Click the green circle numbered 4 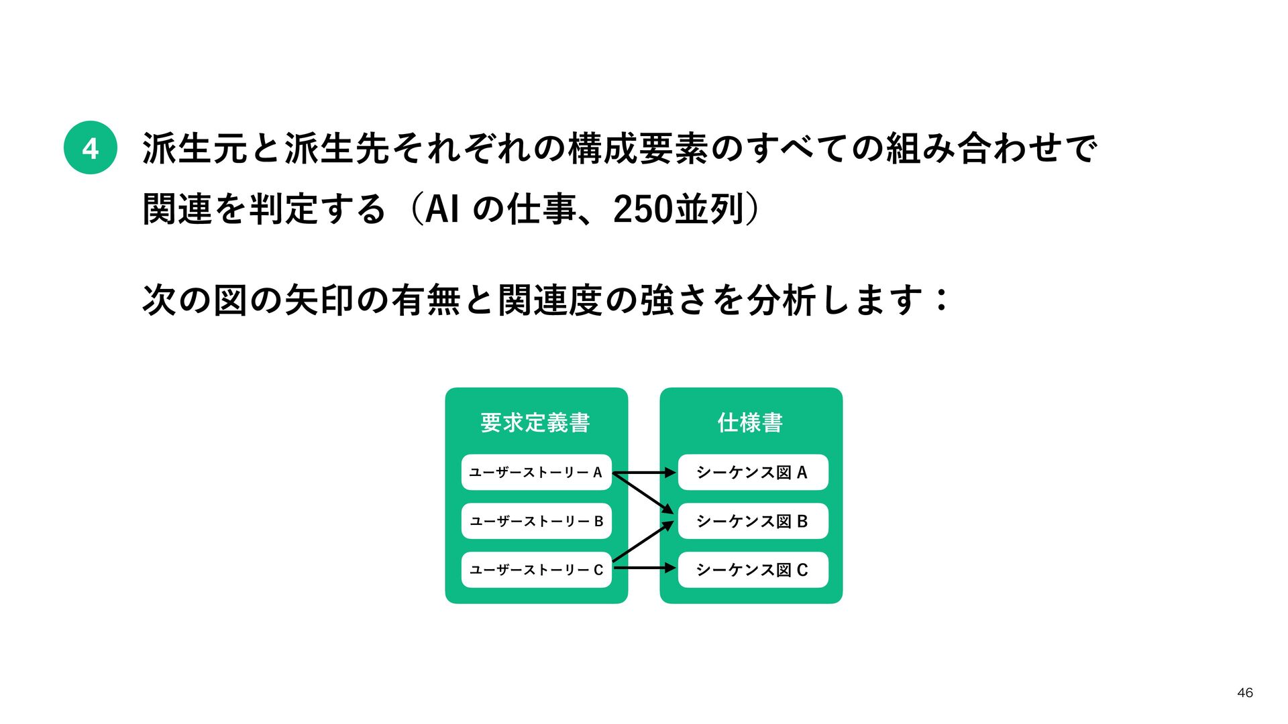(x=91, y=147)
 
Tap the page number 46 (x=1244, y=692)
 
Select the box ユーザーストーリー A (x=536, y=473)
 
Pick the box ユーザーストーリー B (x=536, y=521)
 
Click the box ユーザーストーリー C (x=536, y=570)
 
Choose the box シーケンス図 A (x=753, y=473)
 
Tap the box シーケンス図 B (x=753, y=521)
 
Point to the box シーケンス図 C (x=753, y=570)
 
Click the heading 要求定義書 (x=535, y=422)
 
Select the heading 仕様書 (x=750, y=422)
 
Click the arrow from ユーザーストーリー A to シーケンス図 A (x=644, y=473)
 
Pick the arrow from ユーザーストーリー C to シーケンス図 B (x=643, y=541)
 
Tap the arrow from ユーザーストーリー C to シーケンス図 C (x=644, y=568)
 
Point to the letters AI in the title (x=443, y=209)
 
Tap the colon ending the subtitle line (x=942, y=300)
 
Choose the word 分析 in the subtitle (x=780, y=300)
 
